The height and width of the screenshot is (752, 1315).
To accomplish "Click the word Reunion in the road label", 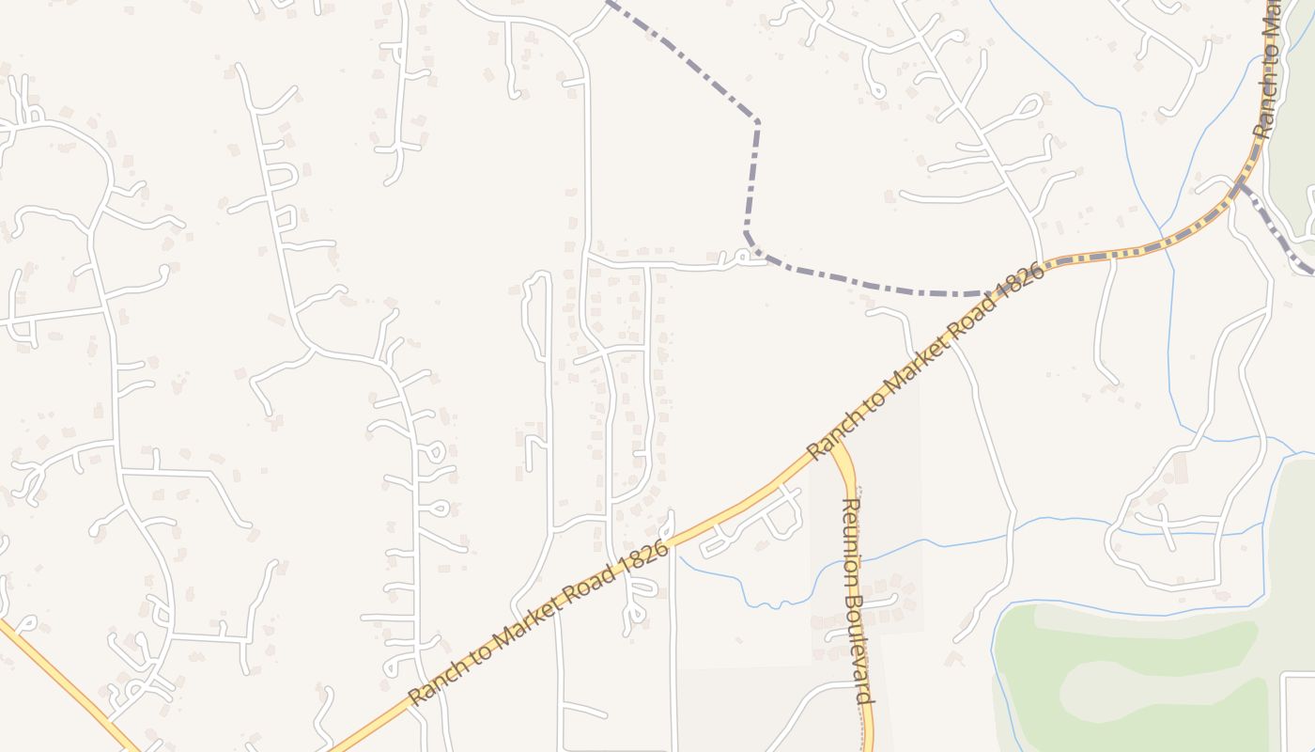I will pyautogui.click(x=852, y=527).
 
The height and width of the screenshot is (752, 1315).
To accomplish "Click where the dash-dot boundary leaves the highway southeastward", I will pyautogui.click(x=1240, y=185).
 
